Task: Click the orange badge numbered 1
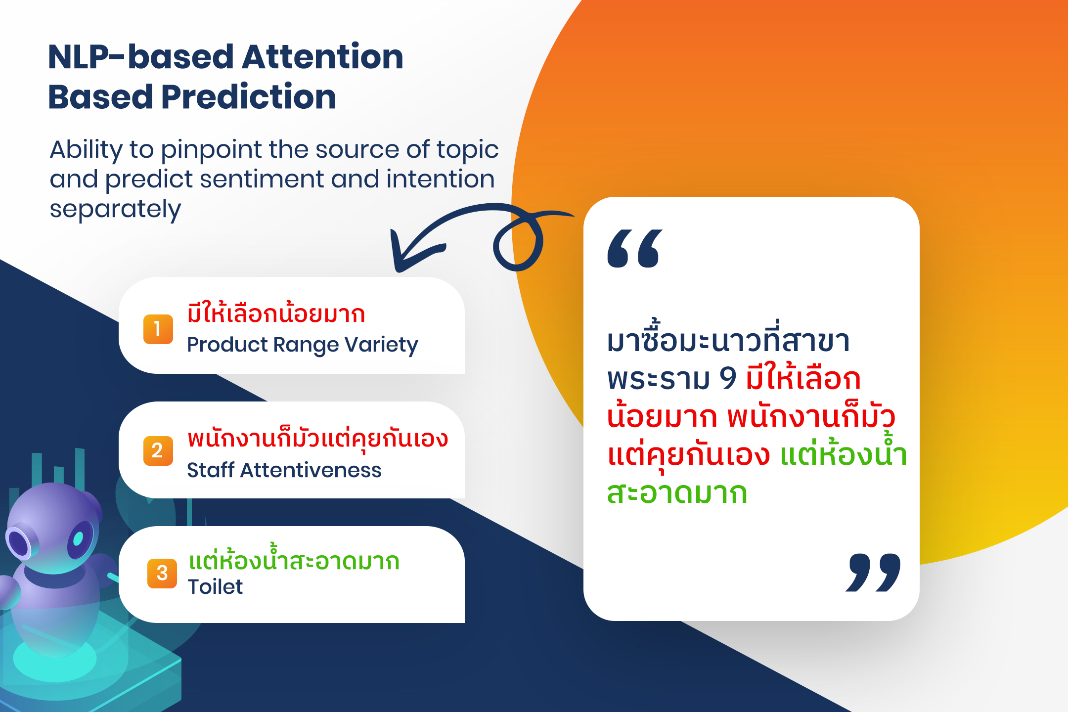pyautogui.click(x=158, y=329)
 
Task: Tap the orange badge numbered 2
pyautogui.click(x=158, y=450)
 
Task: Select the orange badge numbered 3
pyautogui.click(x=162, y=573)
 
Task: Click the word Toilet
pyautogui.click(x=215, y=587)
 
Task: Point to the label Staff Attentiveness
pyautogui.click(x=284, y=470)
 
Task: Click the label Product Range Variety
pyautogui.click(x=303, y=345)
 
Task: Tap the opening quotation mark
pyautogui.click(x=635, y=248)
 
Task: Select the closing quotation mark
pyautogui.click(x=873, y=573)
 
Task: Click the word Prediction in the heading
pyautogui.click(x=249, y=96)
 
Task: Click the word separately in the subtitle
pyautogui.click(x=115, y=209)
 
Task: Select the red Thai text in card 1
pyautogui.click(x=276, y=313)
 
